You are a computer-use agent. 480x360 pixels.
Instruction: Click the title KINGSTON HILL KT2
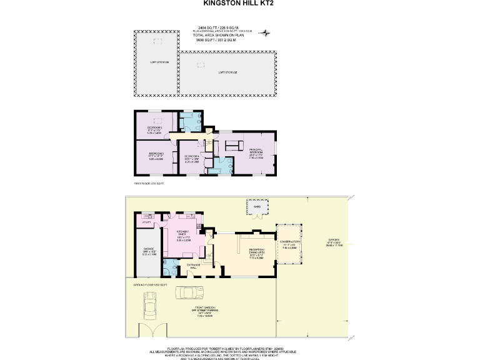(x=239, y=3)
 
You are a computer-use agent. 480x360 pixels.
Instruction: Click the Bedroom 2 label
(x=154, y=131)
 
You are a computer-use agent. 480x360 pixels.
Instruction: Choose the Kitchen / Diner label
(x=182, y=236)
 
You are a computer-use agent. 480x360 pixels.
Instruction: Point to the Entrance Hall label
(x=193, y=266)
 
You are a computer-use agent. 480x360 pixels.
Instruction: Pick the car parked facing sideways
(x=189, y=292)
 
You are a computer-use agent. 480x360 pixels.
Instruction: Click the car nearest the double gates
(x=149, y=306)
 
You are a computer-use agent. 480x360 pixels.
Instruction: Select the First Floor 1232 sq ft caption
(x=148, y=184)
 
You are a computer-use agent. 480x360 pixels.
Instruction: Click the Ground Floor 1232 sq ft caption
(x=147, y=284)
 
